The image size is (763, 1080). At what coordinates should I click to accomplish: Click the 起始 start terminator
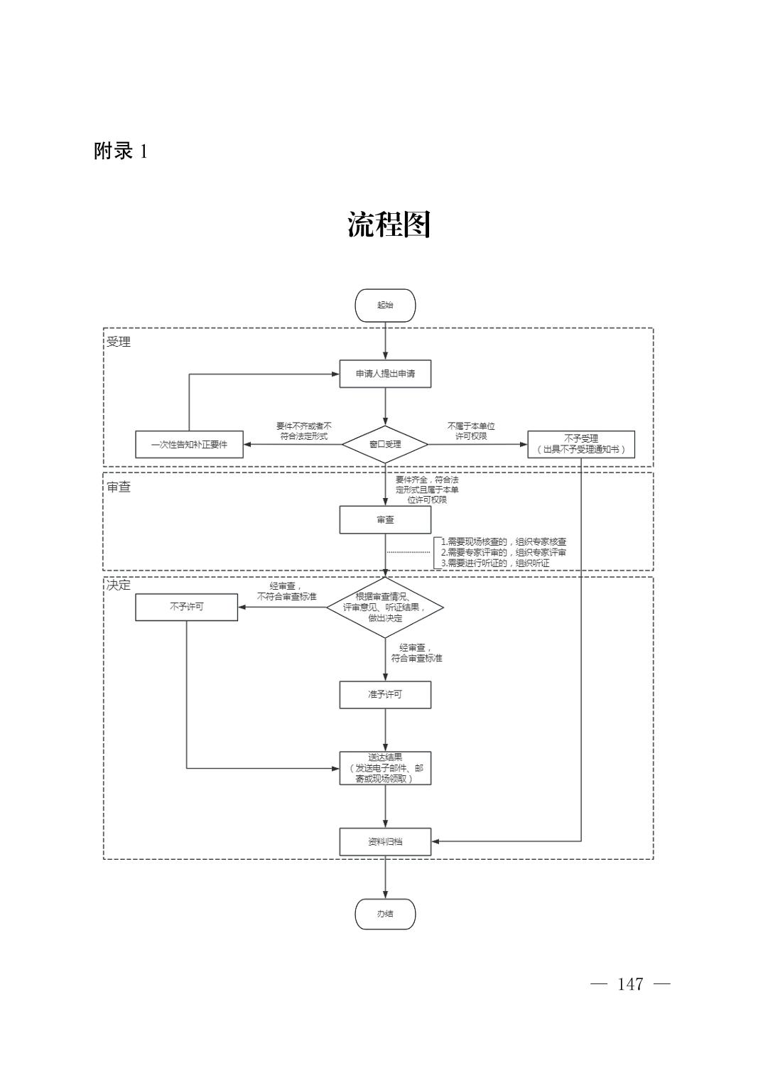pyautogui.click(x=385, y=306)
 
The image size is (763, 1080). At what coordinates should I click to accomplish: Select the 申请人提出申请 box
pyautogui.click(x=385, y=374)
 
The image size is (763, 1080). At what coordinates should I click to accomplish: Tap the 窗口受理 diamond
pyautogui.click(x=385, y=445)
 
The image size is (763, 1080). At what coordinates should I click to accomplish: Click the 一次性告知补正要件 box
pyautogui.click(x=189, y=445)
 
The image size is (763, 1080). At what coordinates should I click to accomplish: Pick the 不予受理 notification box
pyautogui.click(x=580, y=445)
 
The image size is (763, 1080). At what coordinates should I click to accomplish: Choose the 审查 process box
pyautogui.click(x=385, y=520)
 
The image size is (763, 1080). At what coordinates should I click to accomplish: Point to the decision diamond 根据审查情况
pyautogui.click(x=385, y=607)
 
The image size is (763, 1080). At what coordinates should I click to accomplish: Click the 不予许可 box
pyautogui.click(x=186, y=607)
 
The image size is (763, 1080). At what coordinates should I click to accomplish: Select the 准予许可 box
pyautogui.click(x=385, y=694)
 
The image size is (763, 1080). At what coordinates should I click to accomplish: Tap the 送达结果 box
pyautogui.click(x=385, y=768)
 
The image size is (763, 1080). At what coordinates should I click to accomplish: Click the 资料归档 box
pyautogui.click(x=385, y=841)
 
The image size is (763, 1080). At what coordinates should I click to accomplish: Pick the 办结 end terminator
pyautogui.click(x=385, y=914)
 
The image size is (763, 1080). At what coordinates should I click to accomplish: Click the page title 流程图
pyautogui.click(x=389, y=225)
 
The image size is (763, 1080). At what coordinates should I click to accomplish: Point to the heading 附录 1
pyautogui.click(x=121, y=151)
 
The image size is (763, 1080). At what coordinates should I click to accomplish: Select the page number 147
pyautogui.click(x=630, y=984)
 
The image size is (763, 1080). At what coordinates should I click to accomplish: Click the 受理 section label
pyautogui.click(x=119, y=342)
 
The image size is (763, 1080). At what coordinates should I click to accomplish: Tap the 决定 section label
pyautogui.click(x=119, y=585)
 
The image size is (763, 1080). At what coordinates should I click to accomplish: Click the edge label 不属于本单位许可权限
pyautogui.click(x=470, y=431)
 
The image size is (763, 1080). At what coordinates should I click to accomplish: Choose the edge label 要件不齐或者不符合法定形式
pyautogui.click(x=303, y=431)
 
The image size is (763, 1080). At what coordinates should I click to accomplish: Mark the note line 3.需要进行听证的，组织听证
pyautogui.click(x=495, y=563)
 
